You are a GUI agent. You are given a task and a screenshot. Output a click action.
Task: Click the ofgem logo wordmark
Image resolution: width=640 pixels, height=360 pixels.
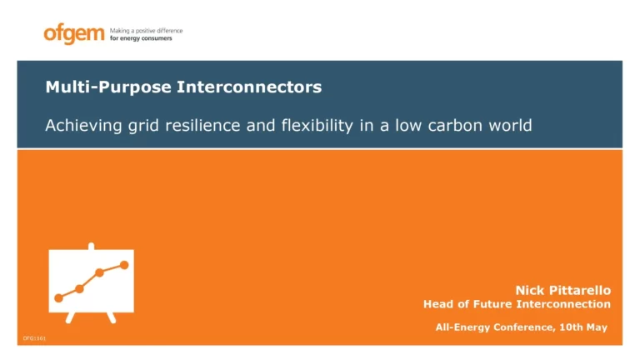[74, 34]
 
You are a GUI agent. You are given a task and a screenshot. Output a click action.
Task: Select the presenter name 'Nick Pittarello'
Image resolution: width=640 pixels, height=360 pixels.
[562, 290]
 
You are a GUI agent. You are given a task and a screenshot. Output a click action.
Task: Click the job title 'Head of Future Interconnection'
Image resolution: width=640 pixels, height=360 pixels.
[517, 304]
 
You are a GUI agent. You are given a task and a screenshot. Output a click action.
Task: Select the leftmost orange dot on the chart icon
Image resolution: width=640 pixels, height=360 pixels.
[58, 297]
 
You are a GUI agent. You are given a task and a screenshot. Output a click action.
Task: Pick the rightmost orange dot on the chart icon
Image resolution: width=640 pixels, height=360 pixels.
[124, 265]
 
